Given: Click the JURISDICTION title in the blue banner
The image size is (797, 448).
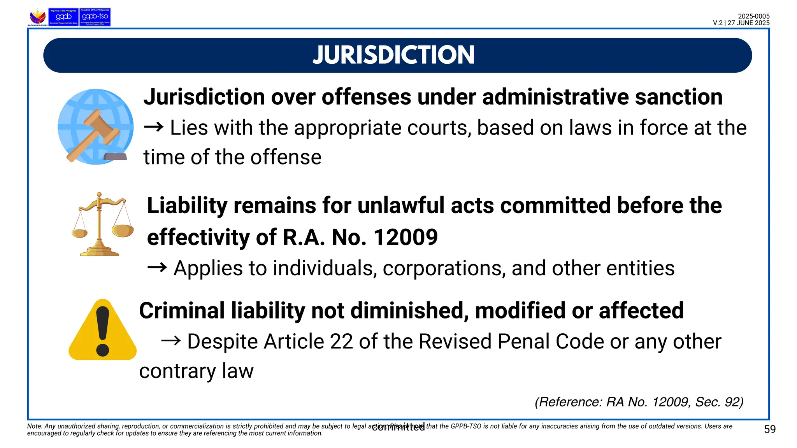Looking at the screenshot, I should (393, 55).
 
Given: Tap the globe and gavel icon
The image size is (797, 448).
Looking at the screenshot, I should (95, 127).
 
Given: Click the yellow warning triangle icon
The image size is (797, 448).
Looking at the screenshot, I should (102, 330).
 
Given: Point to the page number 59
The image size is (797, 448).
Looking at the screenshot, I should (769, 429).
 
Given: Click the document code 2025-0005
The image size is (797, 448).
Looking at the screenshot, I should (753, 16).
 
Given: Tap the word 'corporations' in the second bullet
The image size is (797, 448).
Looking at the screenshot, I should (444, 268).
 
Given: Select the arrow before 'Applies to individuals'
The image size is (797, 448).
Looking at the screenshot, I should (157, 268).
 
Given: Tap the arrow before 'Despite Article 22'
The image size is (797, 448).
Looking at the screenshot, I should (171, 341).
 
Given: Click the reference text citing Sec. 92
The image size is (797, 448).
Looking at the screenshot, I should (639, 402).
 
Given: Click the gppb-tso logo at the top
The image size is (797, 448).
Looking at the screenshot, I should (95, 17).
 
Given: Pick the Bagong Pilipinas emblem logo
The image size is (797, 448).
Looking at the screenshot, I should (38, 17).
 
